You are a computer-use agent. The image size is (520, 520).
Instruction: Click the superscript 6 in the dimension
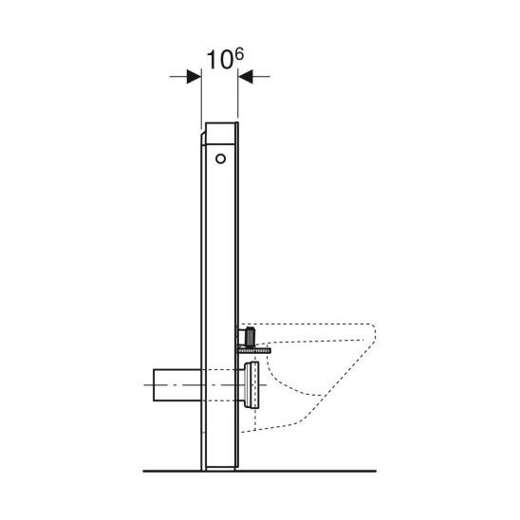[x=239, y=54]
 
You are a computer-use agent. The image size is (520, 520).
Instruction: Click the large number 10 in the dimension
[x=219, y=61]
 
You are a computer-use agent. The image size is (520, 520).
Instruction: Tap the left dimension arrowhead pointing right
[x=194, y=76]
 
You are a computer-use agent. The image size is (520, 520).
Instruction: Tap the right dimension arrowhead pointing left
[x=246, y=76]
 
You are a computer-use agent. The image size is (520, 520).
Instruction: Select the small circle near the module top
[x=220, y=158]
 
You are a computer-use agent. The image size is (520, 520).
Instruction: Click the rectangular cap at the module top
[x=221, y=133]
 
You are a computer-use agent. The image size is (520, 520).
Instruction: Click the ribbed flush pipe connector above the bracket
[x=249, y=336]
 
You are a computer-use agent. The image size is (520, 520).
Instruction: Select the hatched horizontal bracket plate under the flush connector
[x=253, y=350]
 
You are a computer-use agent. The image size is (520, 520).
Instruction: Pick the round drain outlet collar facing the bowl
[x=251, y=384]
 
